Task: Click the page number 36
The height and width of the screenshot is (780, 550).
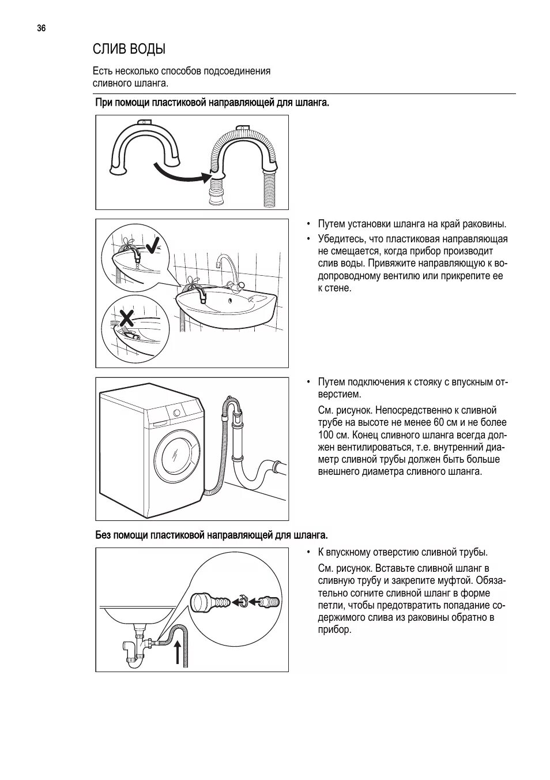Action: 41,28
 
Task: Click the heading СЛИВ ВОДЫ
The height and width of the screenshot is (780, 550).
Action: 129,49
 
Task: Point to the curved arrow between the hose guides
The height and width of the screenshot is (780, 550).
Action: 179,173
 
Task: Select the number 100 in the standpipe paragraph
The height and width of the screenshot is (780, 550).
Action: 326,434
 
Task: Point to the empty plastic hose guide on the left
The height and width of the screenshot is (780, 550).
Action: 144,149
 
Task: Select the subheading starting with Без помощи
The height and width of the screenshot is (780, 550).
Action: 212,536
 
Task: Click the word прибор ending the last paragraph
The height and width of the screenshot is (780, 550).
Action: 334,629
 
